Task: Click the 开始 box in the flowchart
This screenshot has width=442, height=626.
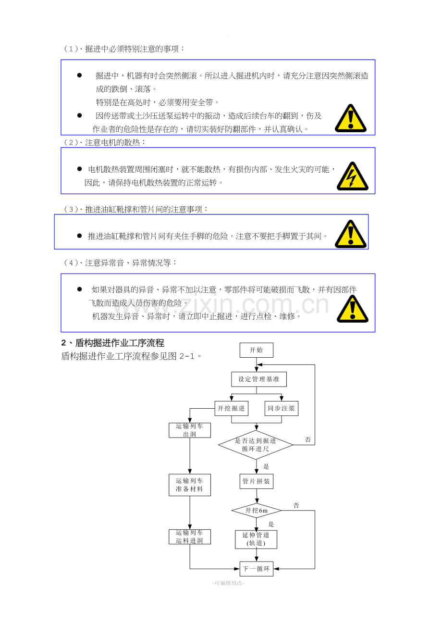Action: [x=256, y=350]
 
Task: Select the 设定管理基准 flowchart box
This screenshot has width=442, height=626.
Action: [x=258, y=379]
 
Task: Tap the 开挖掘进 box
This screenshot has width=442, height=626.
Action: [x=231, y=409]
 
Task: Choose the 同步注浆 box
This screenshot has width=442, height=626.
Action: [x=282, y=409]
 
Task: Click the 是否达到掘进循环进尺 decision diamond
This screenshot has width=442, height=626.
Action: [x=256, y=445]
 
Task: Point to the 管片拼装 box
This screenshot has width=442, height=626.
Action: [x=256, y=481]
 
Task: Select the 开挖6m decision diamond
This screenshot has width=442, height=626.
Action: [x=256, y=511]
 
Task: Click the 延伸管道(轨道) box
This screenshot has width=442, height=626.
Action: [x=256, y=539]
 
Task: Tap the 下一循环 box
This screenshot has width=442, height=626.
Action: [x=256, y=569]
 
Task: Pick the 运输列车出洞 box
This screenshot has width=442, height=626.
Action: [x=189, y=430]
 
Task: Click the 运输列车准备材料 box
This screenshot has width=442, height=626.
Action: [x=189, y=485]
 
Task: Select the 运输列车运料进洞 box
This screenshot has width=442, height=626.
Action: [x=189, y=537]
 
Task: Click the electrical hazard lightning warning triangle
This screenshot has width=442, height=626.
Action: [x=352, y=177]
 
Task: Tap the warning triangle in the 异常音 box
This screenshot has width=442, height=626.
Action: [x=352, y=309]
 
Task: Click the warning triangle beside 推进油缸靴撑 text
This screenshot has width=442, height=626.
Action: [x=350, y=234]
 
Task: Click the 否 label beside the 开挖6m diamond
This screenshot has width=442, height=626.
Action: [x=296, y=505]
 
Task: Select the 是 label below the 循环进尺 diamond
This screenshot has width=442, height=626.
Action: [x=266, y=466]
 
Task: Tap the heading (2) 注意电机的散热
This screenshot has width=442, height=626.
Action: [x=105, y=142]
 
